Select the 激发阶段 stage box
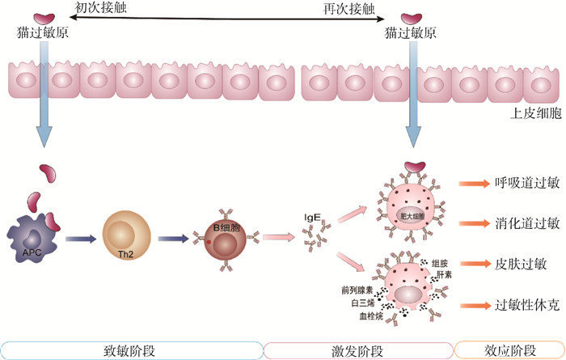click(357, 349)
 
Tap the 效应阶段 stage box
click(509, 349)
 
